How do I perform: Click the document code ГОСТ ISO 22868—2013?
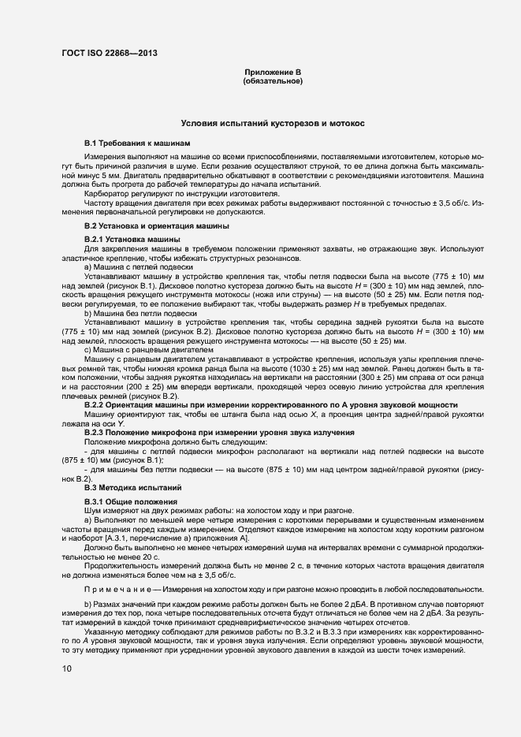click(x=102, y=52)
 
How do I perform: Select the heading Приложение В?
click(x=273, y=73)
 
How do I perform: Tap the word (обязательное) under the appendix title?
click(x=273, y=80)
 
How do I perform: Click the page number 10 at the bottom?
click(x=67, y=668)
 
